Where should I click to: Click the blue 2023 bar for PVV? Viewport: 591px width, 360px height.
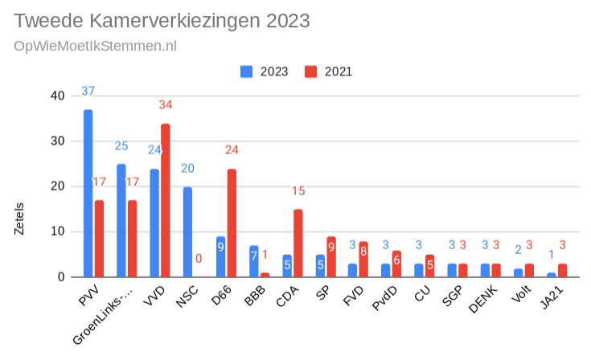coord(88,193)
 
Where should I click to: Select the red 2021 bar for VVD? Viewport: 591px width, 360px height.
coord(165,201)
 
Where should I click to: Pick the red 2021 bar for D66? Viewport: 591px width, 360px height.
coord(232,223)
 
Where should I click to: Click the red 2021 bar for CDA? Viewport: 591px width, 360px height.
coord(298,243)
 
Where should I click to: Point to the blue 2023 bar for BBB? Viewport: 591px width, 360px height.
coord(253,261)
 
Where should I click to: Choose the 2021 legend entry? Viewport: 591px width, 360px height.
coord(330,72)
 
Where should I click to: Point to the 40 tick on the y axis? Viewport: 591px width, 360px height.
coord(57,96)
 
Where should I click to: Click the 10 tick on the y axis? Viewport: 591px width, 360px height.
coord(57,232)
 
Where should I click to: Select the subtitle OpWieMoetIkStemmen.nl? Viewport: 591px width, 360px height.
coord(95,45)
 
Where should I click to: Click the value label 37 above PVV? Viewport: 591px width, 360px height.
coord(88,91)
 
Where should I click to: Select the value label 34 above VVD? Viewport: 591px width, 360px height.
coord(165,105)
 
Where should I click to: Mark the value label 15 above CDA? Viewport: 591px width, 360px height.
coord(298,191)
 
